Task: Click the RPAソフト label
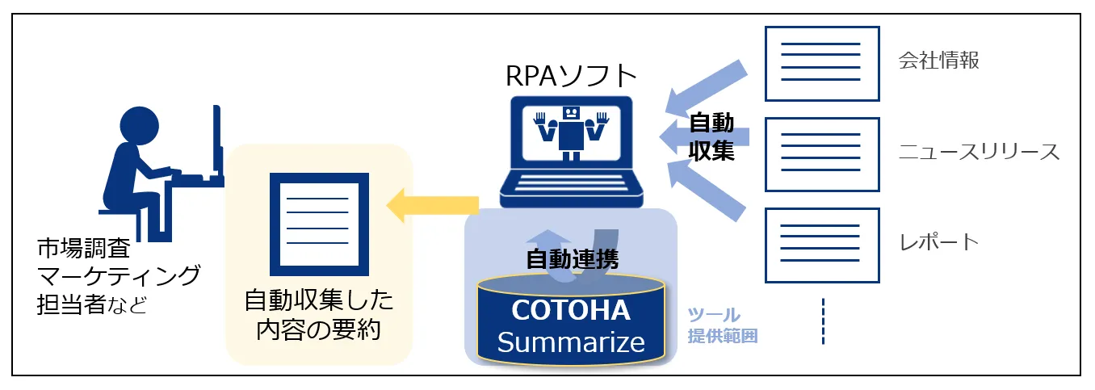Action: coord(571,75)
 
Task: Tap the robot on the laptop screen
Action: coord(572,131)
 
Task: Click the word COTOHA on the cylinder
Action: coord(571,310)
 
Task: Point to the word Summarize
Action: coord(571,342)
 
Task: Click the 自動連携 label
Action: coord(572,260)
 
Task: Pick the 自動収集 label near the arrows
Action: coord(711,137)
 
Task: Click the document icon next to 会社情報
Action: coord(822,63)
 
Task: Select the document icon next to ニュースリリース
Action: coord(822,154)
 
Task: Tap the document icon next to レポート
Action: coord(822,245)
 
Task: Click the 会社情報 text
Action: coord(939,61)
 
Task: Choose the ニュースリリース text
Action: coord(979,152)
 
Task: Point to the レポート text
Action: coord(939,242)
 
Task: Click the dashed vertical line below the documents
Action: coord(823,321)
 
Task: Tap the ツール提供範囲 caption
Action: coord(722,325)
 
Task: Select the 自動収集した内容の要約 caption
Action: coord(320,315)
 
